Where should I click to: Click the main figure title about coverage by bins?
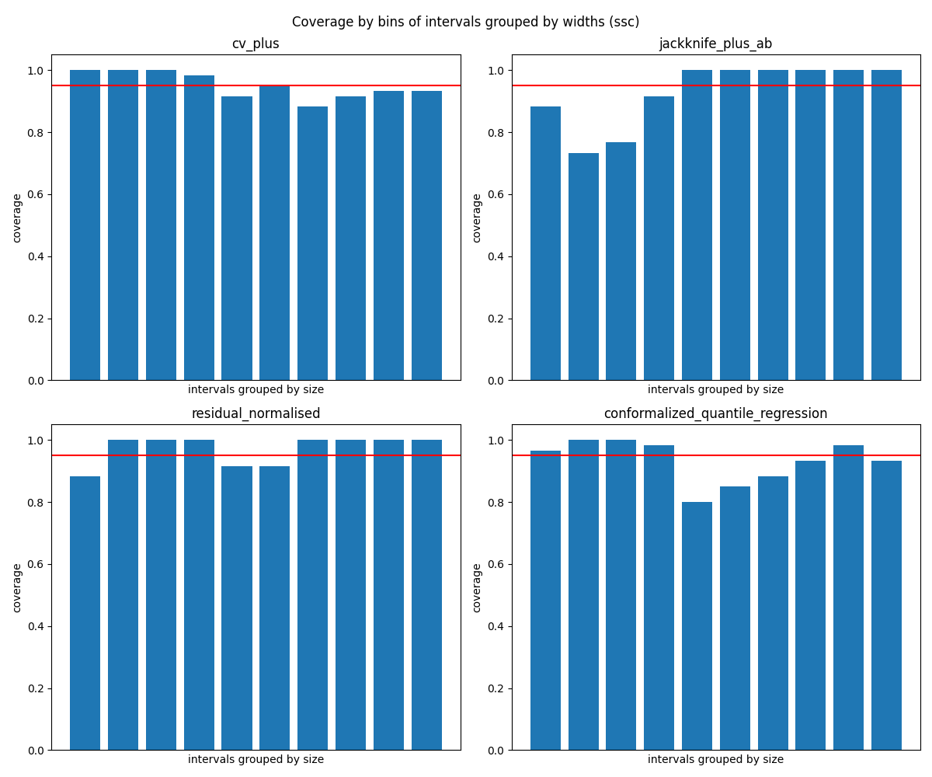465,22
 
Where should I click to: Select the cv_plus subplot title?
256,44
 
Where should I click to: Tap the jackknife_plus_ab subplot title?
715,44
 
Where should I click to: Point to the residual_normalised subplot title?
256,414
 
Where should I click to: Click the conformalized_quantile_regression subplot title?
715,414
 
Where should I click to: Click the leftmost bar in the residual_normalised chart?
85,613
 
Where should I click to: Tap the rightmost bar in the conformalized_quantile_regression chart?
886,605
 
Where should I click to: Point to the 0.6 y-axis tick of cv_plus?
35,194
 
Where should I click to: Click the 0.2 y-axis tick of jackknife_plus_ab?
496,319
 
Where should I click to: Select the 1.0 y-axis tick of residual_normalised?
35,441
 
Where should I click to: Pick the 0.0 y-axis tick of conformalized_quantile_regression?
496,751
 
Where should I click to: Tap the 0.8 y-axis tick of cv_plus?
35,133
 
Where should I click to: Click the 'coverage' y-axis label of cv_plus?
17,218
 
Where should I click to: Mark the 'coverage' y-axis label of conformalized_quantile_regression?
477,587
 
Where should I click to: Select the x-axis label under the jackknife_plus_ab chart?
715,390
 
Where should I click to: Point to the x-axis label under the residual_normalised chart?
256,760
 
